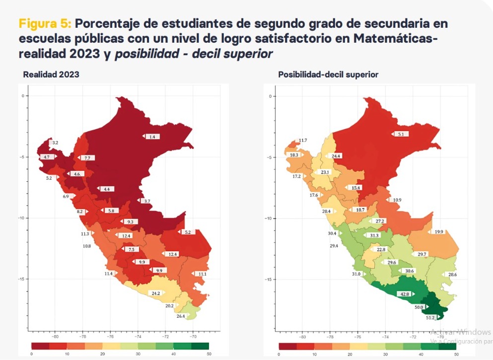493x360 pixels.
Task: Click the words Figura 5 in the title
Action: [x=46, y=24]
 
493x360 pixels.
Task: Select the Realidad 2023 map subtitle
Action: [x=51, y=74]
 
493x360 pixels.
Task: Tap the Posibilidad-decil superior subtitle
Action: [x=328, y=74]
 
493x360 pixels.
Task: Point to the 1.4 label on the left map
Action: [x=152, y=137]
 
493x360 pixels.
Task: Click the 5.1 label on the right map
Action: [x=400, y=134]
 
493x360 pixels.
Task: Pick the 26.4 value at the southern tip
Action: [x=180, y=316]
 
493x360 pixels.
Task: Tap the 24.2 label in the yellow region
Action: [x=156, y=293]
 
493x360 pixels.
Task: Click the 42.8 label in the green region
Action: [x=404, y=294]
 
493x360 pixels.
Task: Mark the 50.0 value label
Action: [x=419, y=307]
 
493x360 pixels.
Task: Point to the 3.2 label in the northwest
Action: [x=55, y=143]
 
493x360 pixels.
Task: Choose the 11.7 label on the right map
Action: [x=303, y=141]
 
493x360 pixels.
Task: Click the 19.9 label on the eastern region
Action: [x=438, y=232]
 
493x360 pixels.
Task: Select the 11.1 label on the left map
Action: [x=202, y=274]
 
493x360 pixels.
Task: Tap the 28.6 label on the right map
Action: [x=452, y=275]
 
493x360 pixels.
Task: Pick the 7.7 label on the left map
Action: [x=87, y=158]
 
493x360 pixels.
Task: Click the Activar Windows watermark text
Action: [x=460, y=332]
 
